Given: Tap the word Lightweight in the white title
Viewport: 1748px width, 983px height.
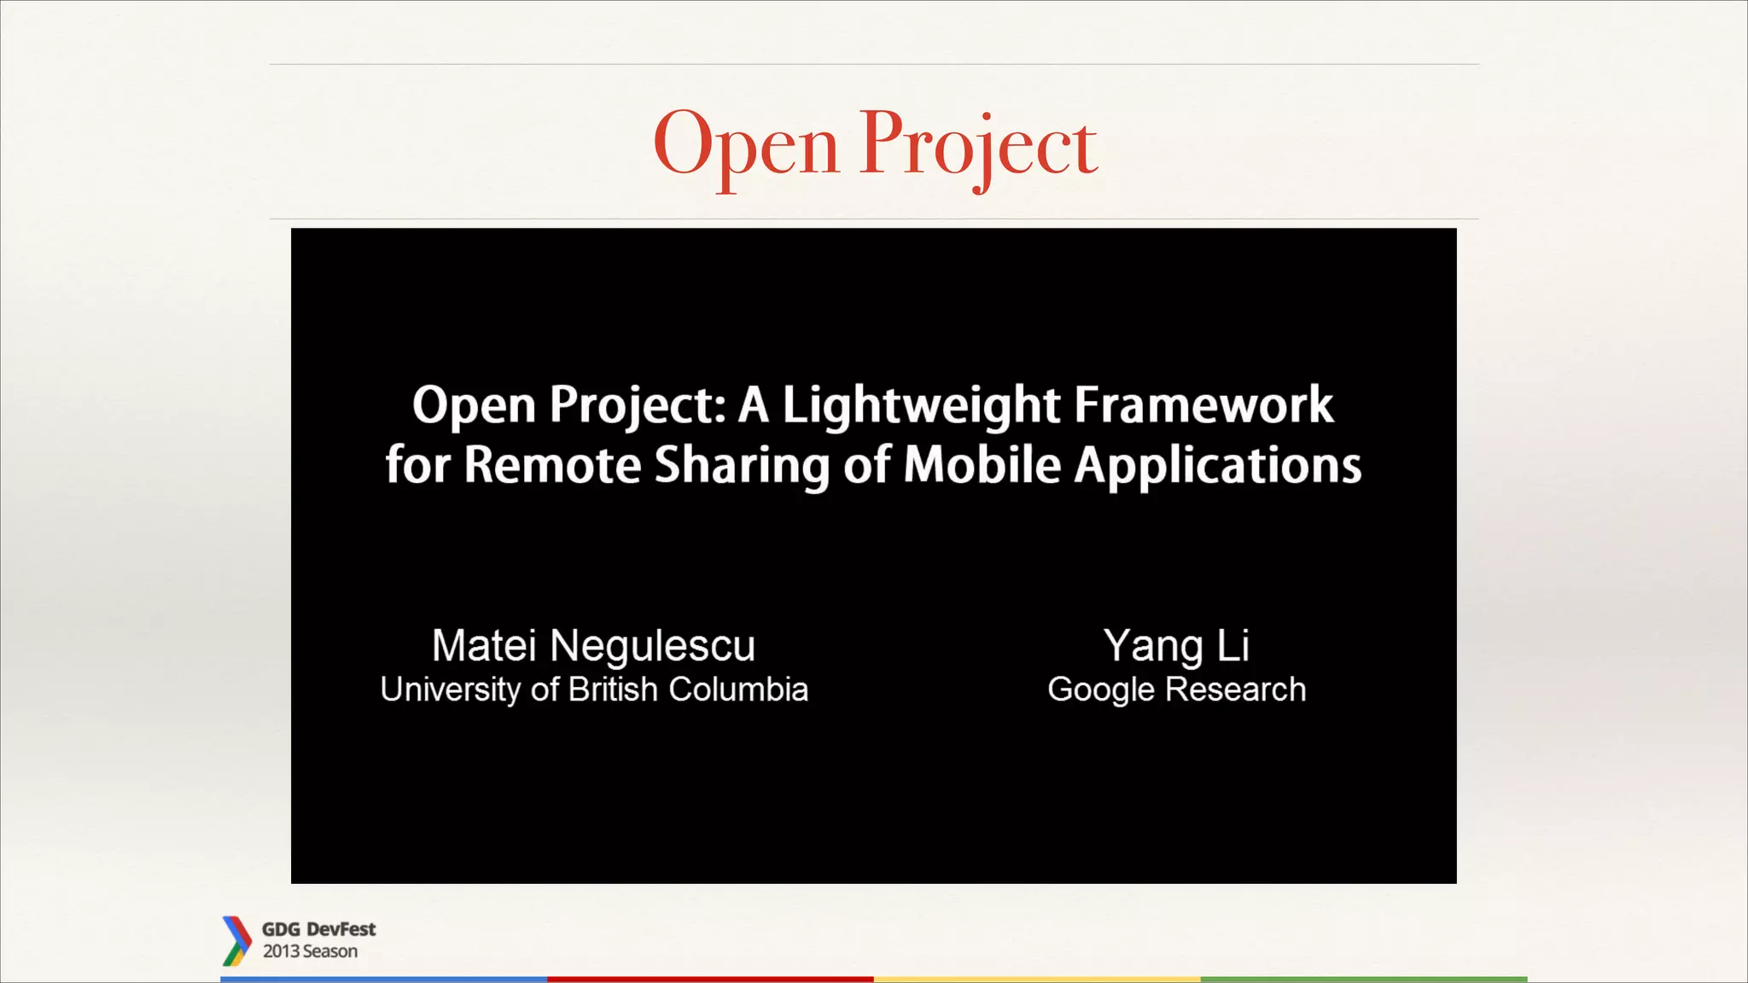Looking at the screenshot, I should (x=922, y=404).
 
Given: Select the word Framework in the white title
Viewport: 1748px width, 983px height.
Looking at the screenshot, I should (x=1203, y=404).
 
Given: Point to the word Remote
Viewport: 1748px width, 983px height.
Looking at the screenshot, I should (x=552, y=465).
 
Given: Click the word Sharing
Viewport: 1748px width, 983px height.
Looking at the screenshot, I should (x=742, y=466).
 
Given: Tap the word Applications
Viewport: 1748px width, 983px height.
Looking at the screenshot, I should (x=1217, y=466).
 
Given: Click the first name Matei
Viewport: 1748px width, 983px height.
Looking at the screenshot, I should (x=483, y=645).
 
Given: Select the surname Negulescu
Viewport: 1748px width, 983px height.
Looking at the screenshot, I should (x=653, y=646).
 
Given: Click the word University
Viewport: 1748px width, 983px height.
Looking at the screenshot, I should (x=450, y=689).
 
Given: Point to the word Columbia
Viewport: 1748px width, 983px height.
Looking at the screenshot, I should (x=738, y=689).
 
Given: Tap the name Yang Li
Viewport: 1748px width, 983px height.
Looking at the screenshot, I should (x=1176, y=646).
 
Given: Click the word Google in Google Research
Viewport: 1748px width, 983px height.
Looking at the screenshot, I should (x=1101, y=689).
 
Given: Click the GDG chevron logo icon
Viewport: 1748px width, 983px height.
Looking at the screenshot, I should (x=236, y=940).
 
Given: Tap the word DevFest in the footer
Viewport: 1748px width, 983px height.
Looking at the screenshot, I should (x=341, y=929).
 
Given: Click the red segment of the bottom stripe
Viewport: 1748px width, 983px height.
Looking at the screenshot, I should (x=710, y=979).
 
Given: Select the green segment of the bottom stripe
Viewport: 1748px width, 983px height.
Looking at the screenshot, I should (x=1364, y=979).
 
